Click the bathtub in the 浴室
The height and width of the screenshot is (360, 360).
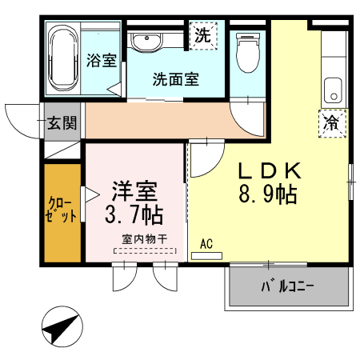pyautogui.click(x=63, y=60)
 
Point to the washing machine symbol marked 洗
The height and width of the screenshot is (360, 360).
pyautogui.click(x=203, y=36)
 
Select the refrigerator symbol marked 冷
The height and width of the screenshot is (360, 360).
pyautogui.click(x=331, y=123)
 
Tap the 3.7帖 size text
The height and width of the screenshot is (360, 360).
pyautogui.click(x=134, y=214)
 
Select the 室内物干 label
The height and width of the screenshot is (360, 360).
pyautogui.click(x=144, y=238)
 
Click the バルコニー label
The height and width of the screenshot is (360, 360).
pyautogui.click(x=286, y=286)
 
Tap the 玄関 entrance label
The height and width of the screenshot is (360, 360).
pyautogui.click(x=61, y=122)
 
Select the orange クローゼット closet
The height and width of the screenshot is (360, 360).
pyautogui.click(x=62, y=214)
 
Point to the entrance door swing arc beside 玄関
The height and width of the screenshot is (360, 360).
pyautogui.click(x=18, y=120)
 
